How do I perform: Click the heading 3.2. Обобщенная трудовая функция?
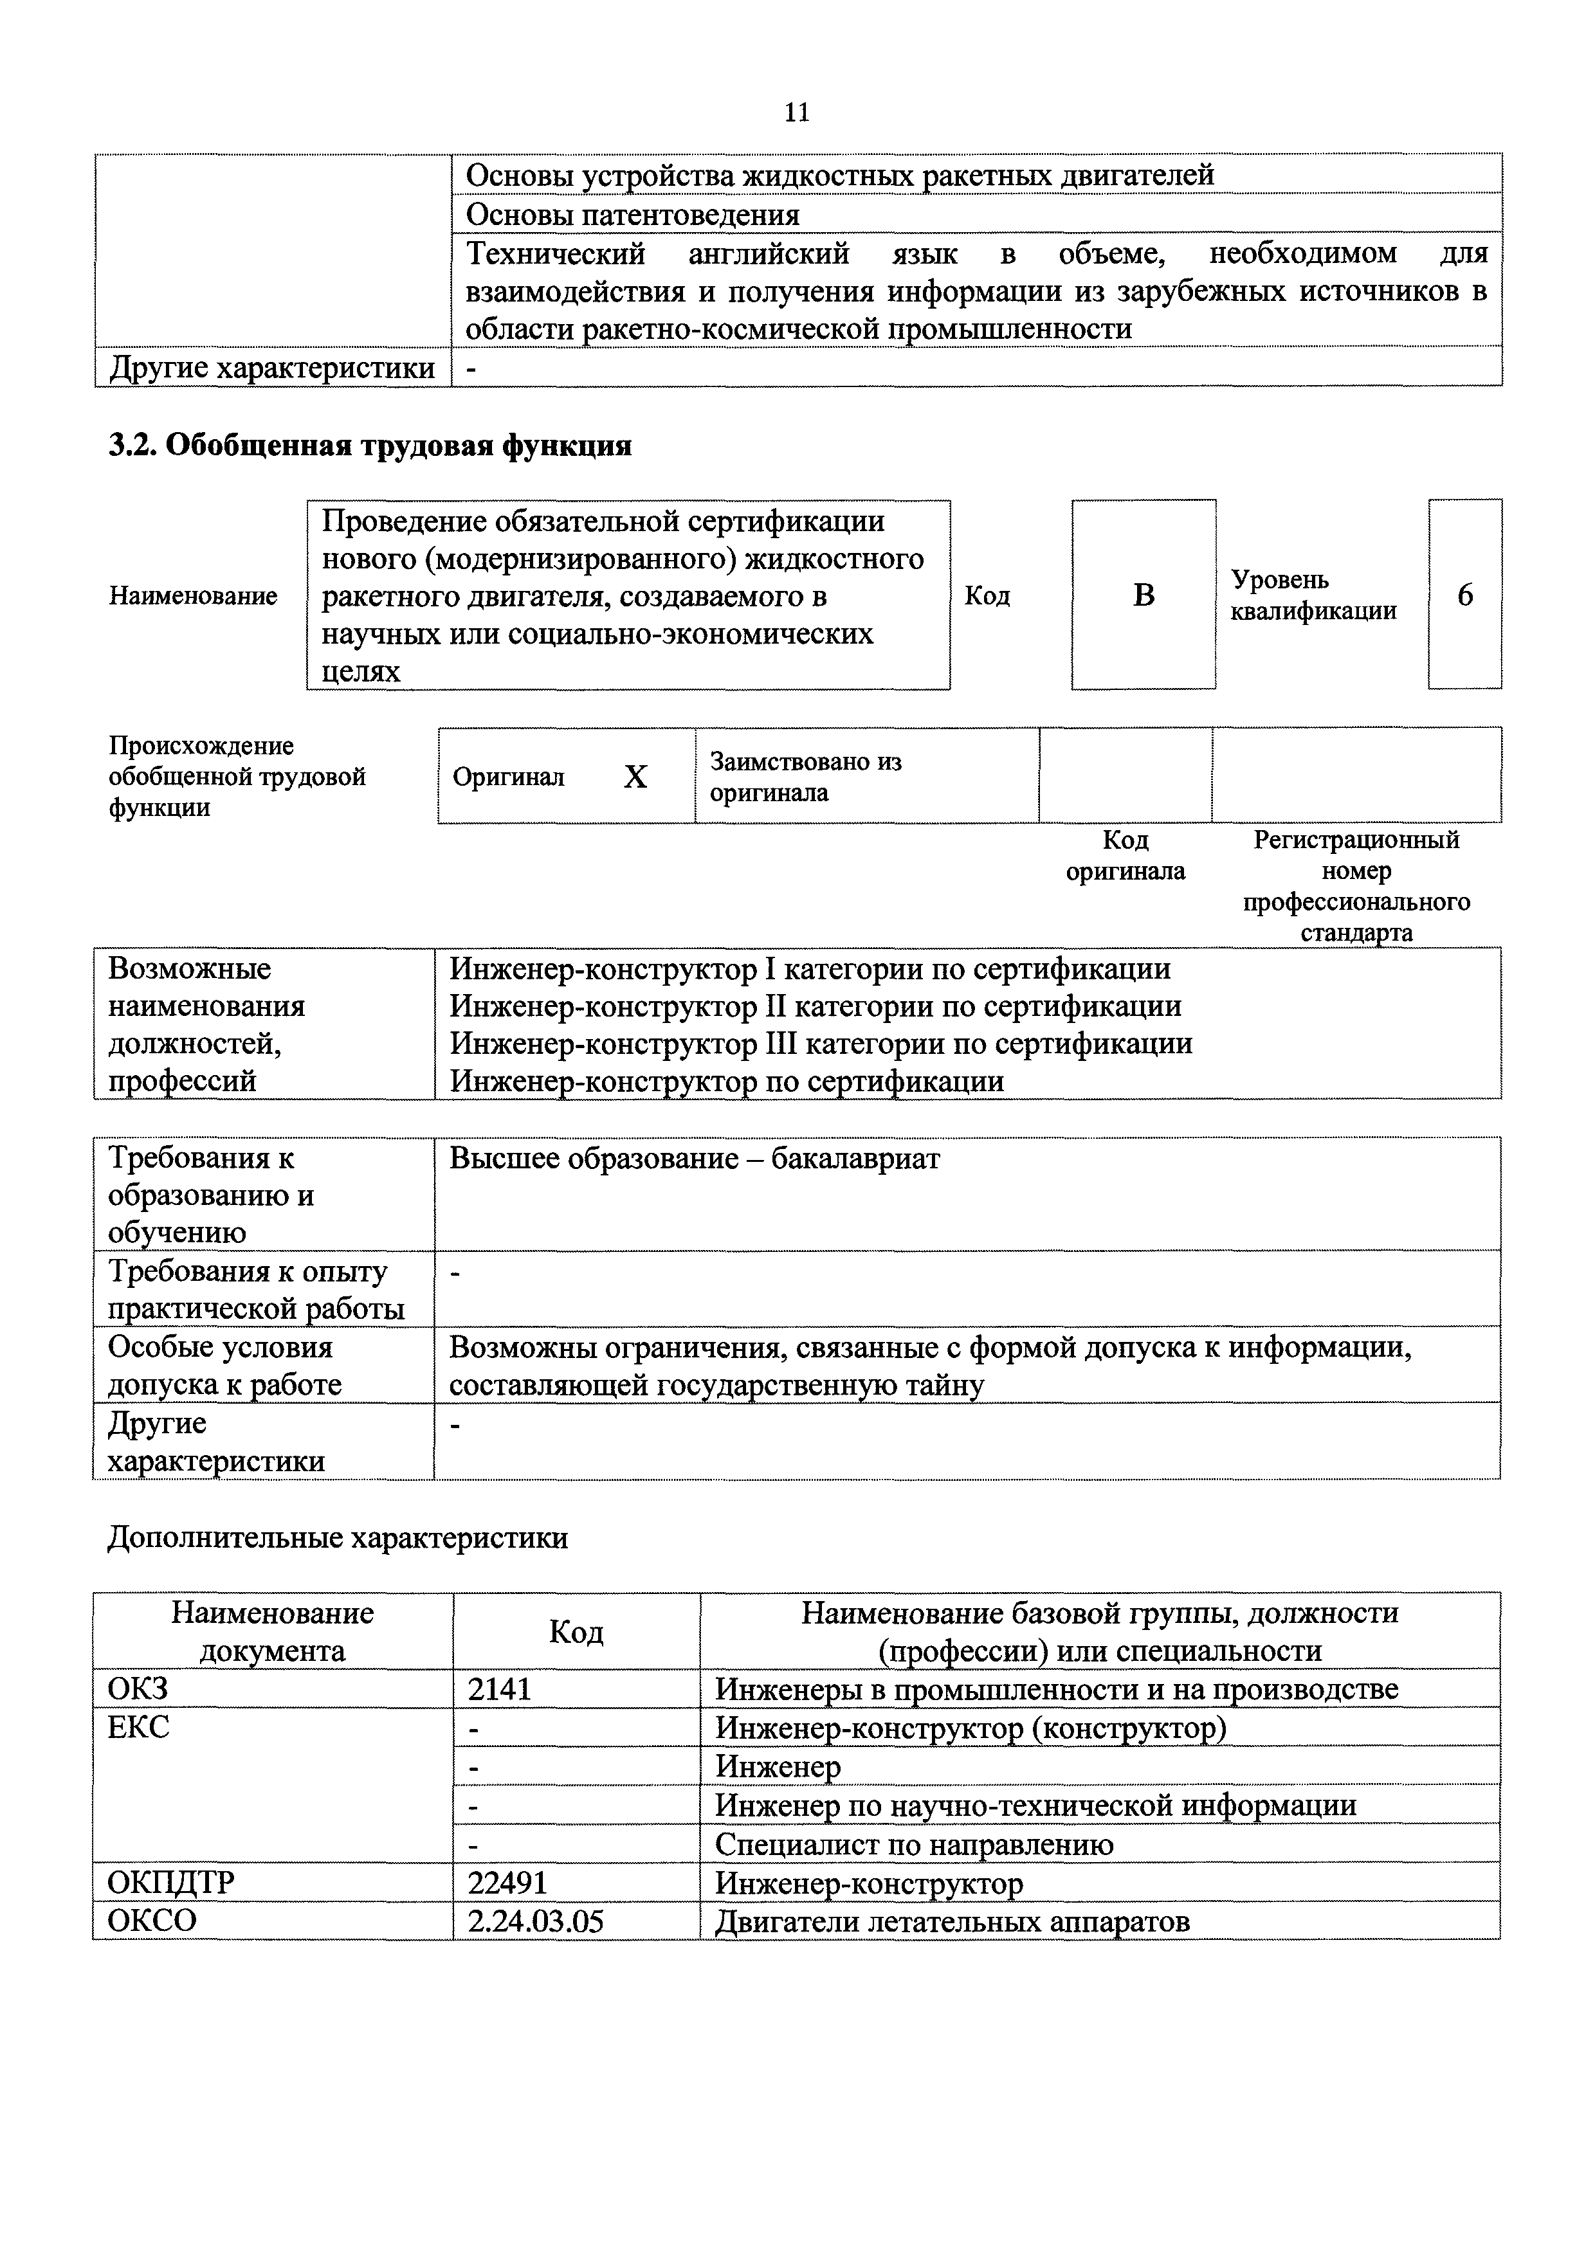[x=369, y=446]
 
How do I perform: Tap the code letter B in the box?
[x=1144, y=595]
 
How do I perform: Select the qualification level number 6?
[x=1464, y=595]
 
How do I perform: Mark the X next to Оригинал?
[x=635, y=778]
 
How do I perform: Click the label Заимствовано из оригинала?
[x=805, y=777]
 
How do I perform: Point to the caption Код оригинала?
[x=1126, y=855]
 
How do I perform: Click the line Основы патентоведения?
[x=632, y=214]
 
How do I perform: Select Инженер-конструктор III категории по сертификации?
[x=821, y=1043]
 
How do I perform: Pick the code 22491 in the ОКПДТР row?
[x=508, y=1883]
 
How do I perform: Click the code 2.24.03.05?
[x=535, y=1921]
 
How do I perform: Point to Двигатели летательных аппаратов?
[x=952, y=1921]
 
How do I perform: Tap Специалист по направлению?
[x=915, y=1845]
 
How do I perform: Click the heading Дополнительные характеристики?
[x=337, y=1537]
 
